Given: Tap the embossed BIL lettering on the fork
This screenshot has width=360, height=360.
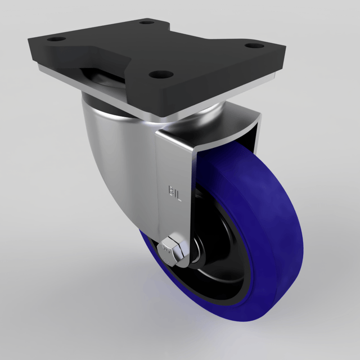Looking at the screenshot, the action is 175,193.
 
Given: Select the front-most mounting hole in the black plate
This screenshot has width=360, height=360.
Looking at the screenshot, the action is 161,74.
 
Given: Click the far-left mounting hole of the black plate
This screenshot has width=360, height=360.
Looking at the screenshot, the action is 56,39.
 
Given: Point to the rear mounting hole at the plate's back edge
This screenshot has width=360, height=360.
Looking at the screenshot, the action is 147,22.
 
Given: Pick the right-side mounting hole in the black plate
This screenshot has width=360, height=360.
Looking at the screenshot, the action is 254,45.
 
